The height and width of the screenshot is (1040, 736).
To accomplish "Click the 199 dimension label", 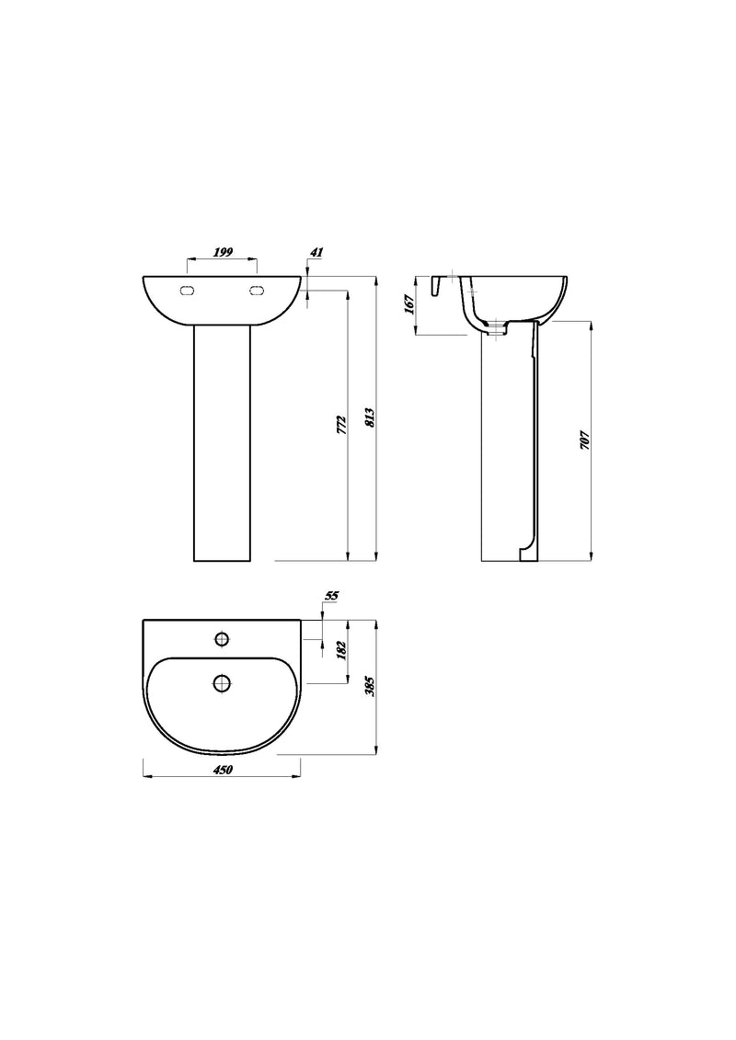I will click(x=222, y=251).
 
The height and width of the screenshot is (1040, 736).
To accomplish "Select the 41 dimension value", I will click(x=317, y=251).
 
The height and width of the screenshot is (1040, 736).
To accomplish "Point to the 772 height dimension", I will click(x=340, y=424).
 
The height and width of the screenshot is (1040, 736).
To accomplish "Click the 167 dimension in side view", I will click(x=408, y=303).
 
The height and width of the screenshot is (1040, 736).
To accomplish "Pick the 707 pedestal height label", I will click(x=583, y=440).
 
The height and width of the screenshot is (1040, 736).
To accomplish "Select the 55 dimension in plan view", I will click(x=332, y=596).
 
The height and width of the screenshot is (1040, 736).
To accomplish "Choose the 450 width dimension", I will click(x=222, y=771).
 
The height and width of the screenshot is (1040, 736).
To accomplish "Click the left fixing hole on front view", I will click(x=188, y=291).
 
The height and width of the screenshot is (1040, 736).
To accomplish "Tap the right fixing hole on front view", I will click(x=257, y=291).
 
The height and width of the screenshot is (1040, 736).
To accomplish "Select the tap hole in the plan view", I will click(x=222, y=638).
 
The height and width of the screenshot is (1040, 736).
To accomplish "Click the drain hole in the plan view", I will click(x=222, y=682).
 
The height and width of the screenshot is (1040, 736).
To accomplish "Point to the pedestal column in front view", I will click(x=222, y=441).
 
